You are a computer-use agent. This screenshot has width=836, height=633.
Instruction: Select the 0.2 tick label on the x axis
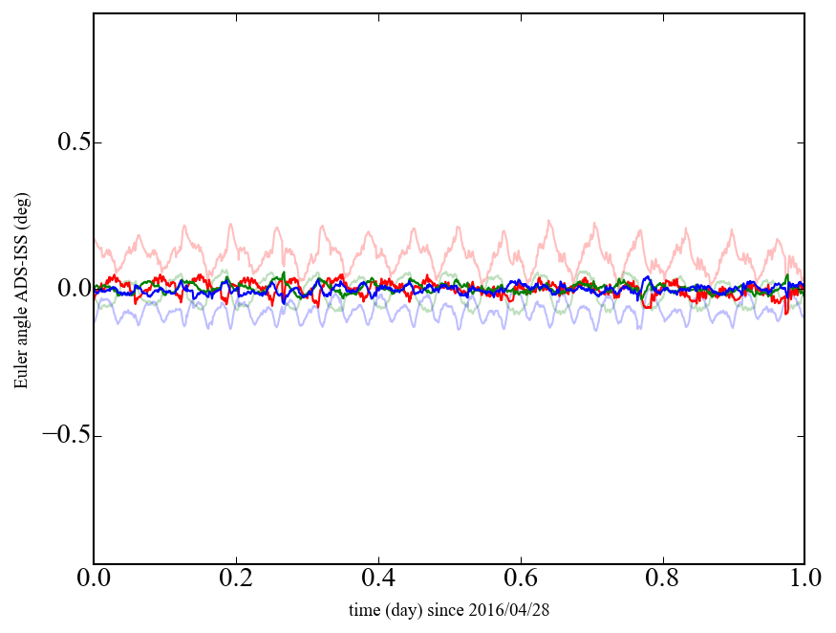(236, 579)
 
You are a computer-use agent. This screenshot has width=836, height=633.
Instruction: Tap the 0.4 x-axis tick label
(378, 579)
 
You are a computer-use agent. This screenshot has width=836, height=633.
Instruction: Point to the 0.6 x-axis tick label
(521, 579)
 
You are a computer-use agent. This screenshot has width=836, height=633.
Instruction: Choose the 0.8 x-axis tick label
(662, 579)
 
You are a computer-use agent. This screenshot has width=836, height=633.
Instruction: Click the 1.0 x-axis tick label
(804, 579)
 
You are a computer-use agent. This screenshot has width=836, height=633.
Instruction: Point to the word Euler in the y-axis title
(21, 371)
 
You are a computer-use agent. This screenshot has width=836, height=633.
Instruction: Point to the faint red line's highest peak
(548, 221)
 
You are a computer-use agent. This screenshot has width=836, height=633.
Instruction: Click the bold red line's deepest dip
(786, 313)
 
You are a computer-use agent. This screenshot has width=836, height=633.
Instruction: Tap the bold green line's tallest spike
(283, 273)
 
